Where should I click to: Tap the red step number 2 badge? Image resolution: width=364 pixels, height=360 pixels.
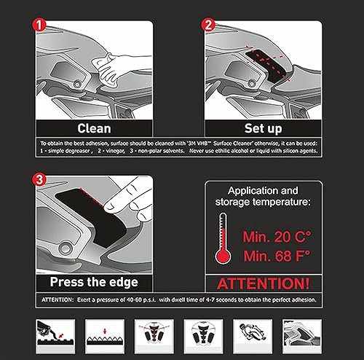coord(210,23)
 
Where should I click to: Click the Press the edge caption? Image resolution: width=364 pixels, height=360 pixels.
coord(94,281)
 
